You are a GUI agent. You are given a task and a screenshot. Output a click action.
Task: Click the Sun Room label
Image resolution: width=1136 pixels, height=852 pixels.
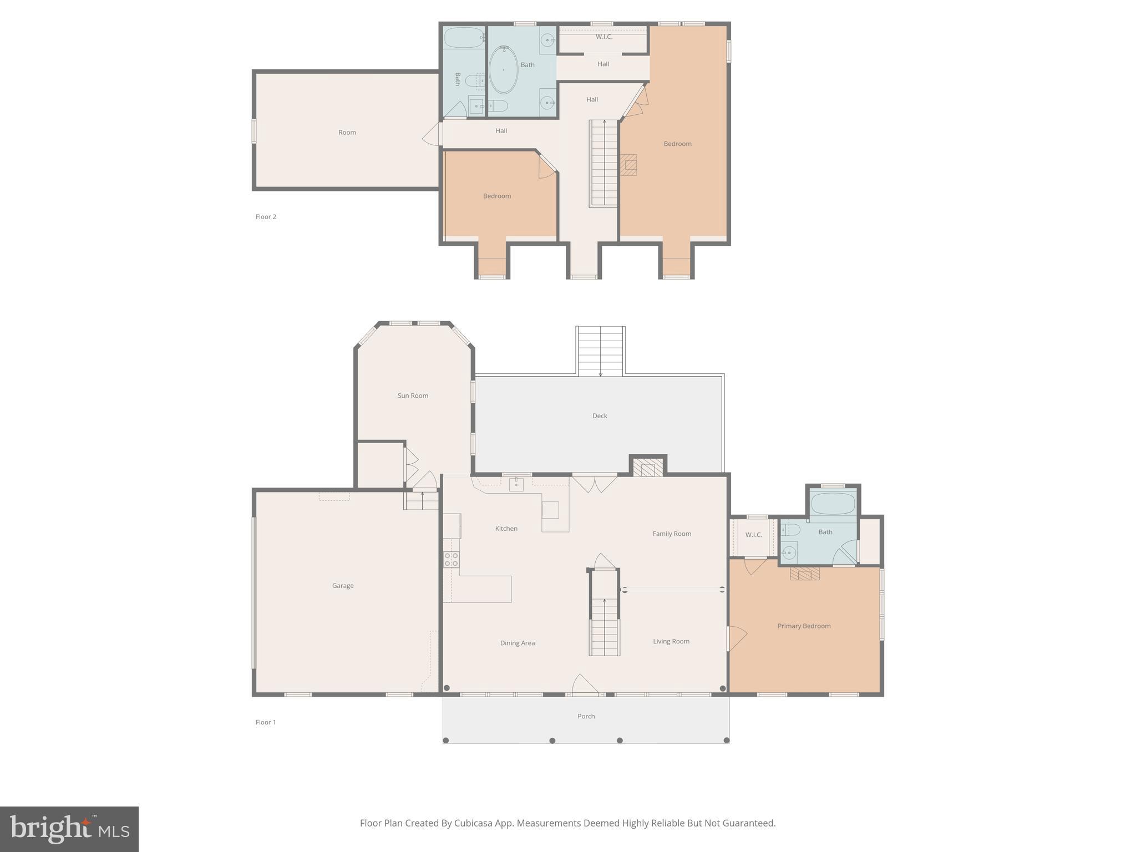(413, 395)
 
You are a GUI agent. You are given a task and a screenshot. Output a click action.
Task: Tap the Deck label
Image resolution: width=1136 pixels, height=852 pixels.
(600, 415)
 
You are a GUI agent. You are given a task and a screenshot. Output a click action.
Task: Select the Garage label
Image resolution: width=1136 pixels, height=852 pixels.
(343, 586)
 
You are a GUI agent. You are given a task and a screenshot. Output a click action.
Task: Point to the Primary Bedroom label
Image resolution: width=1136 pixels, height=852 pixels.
(804, 626)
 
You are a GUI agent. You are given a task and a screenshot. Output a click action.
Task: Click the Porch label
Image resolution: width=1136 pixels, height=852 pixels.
(586, 716)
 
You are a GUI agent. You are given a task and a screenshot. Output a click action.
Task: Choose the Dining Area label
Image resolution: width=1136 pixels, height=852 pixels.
(517, 643)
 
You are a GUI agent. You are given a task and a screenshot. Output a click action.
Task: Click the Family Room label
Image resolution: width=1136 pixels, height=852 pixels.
(672, 534)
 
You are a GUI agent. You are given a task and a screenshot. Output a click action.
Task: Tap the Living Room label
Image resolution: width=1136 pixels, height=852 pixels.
(671, 641)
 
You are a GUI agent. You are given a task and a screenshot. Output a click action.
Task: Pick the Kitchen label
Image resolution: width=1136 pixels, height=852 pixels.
(506, 529)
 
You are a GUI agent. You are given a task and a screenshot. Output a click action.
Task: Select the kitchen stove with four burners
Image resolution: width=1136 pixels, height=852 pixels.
(451, 559)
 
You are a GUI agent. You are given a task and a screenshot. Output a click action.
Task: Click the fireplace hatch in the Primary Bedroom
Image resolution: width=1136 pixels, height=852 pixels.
(804, 574)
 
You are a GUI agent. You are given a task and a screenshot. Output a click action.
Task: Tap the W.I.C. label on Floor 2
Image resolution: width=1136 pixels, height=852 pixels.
(604, 37)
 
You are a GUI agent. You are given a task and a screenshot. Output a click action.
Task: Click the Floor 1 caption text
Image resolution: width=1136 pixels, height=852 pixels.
(266, 722)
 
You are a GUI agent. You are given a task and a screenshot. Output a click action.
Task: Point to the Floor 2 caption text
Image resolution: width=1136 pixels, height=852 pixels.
(266, 217)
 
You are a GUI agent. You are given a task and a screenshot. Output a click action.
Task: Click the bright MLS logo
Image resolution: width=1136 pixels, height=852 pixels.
(69, 829)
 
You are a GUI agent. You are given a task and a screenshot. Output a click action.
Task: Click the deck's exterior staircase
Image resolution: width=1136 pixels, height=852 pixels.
(601, 351)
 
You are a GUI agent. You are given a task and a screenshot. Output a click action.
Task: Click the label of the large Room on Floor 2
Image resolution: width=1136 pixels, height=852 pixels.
(347, 132)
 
